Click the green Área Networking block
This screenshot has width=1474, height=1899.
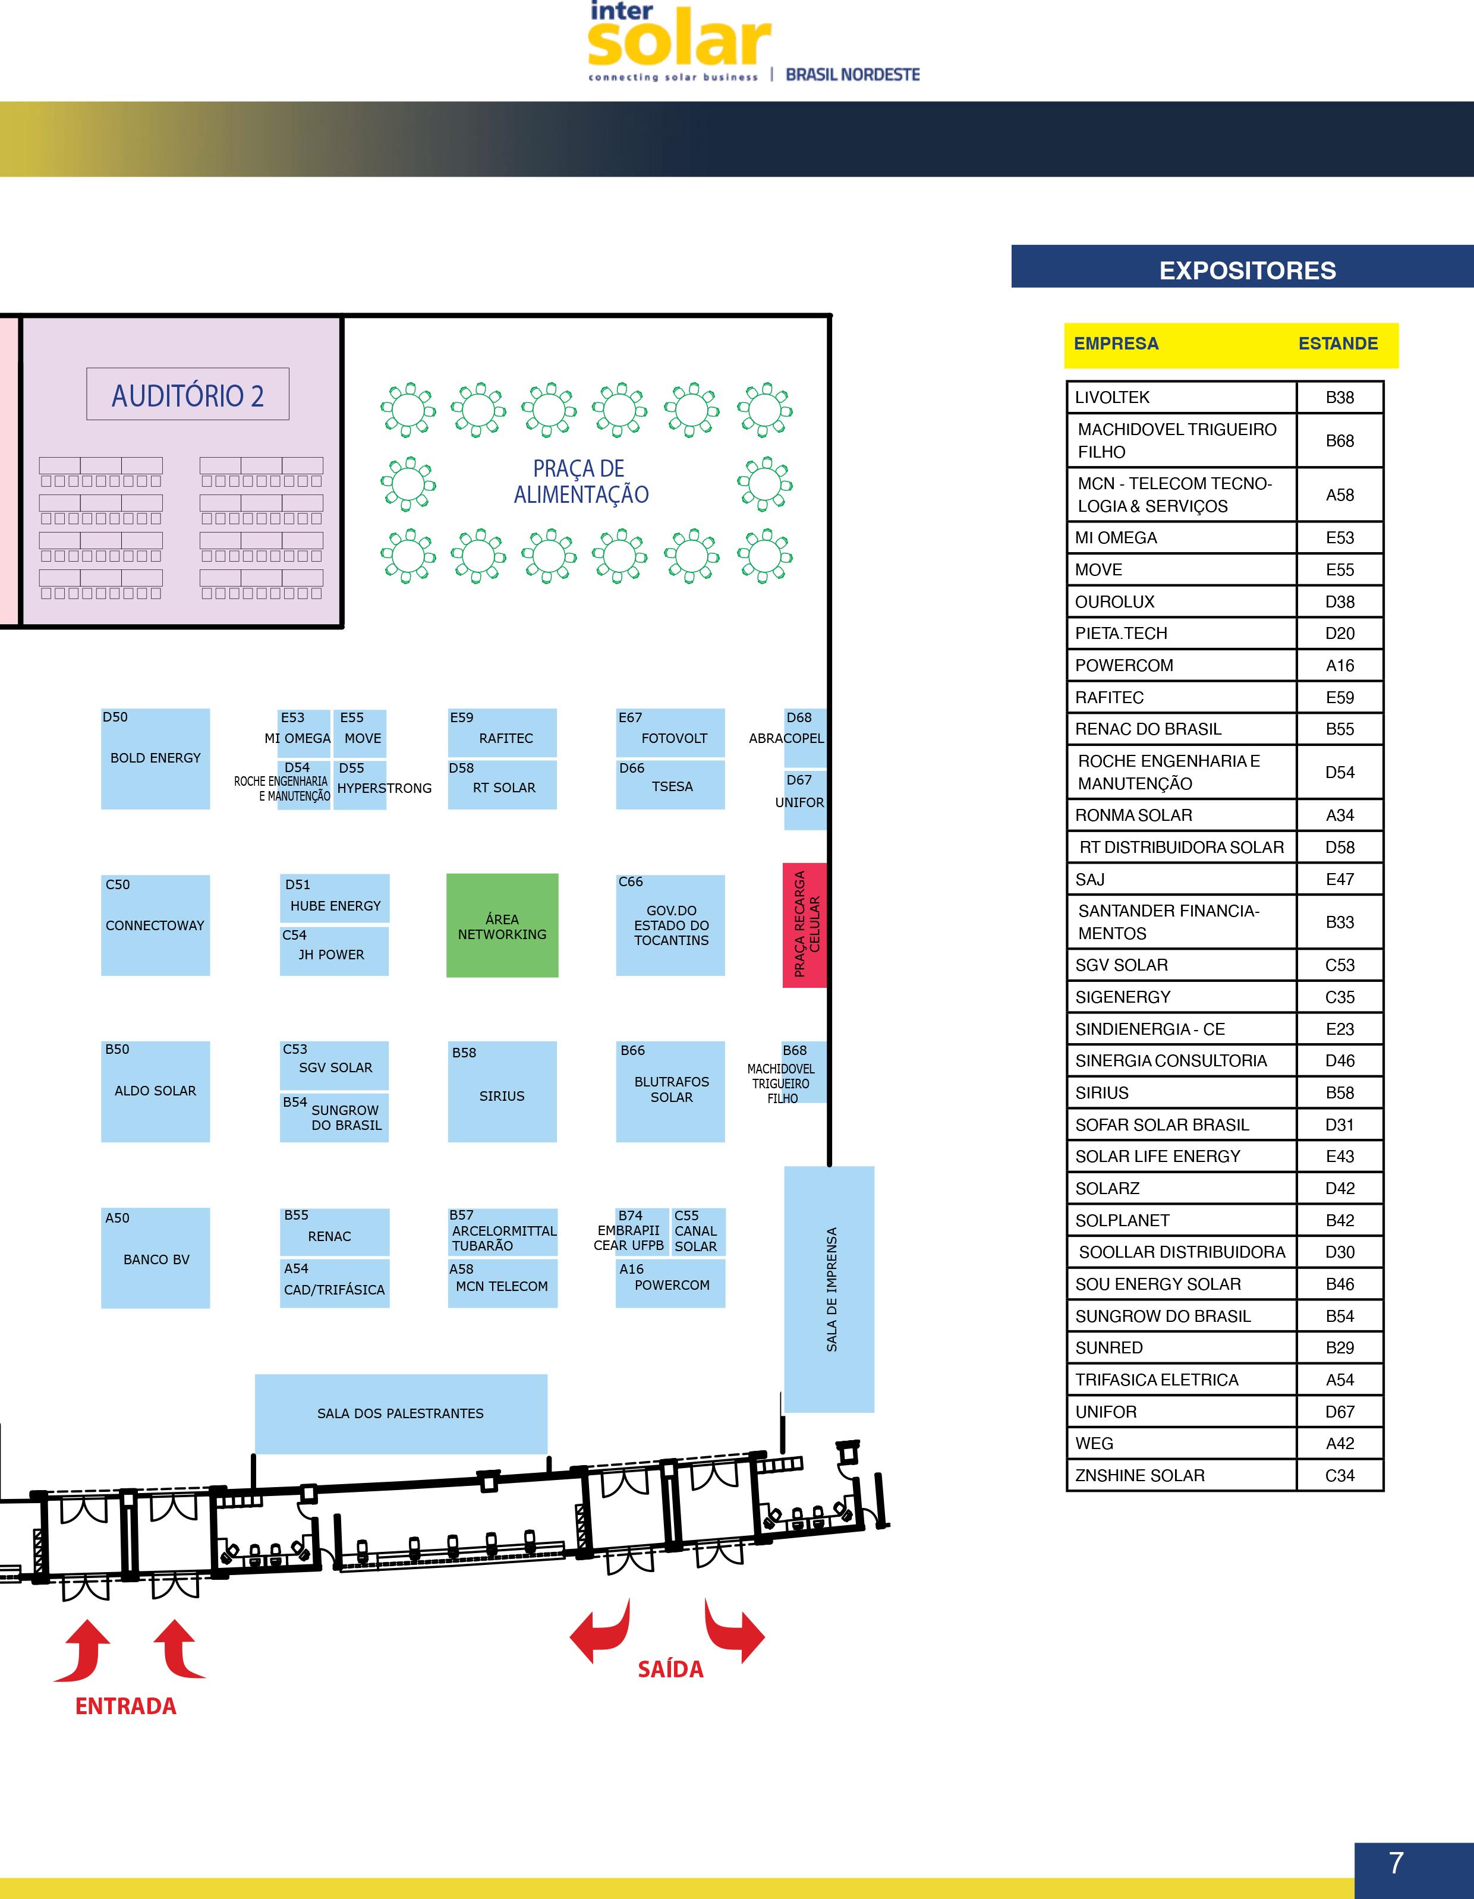[x=502, y=925]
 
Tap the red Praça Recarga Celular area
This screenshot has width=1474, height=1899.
[x=804, y=925]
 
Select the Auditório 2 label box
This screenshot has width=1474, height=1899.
[x=188, y=395]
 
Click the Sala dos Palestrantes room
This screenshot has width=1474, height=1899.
[x=401, y=1413]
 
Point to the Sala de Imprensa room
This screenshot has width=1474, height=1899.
[x=830, y=1289]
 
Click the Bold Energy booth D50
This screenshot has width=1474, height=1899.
[x=156, y=758]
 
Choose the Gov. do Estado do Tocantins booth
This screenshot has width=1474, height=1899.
[x=670, y=925]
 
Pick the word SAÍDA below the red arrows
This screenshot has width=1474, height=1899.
[x=670, y=1668]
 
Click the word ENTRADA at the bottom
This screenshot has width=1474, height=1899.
[x=126, y=1706]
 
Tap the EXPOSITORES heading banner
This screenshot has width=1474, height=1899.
[x=1247, y=270]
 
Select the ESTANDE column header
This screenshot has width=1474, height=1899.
[x=1337, y=344]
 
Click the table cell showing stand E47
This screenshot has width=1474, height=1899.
[x=1339, y=879]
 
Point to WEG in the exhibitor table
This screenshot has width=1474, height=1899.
[x=1094, y=1443]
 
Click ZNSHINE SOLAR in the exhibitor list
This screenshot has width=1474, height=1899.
[x=1139, y=1476]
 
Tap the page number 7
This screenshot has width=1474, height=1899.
[x=1396, y=1863]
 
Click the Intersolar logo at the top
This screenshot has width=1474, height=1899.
[x=678, y=39]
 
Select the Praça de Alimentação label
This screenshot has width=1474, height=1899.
[x=581, y=481]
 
